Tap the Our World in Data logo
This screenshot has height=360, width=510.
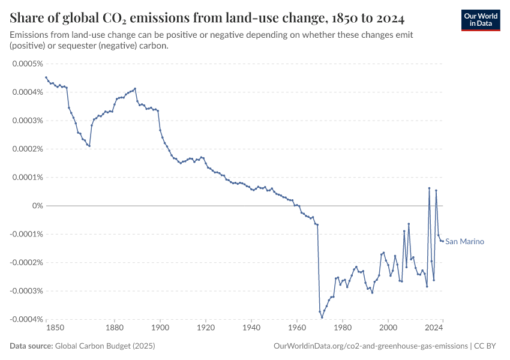tap(480, 19)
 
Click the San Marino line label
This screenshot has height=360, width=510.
tap(464, 242)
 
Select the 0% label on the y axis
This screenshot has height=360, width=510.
tap(37, 206)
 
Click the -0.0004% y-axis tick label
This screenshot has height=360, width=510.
tap(26, 319)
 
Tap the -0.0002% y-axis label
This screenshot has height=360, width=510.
tap(26, 263)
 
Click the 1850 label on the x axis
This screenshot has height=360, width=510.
tap(55, 328)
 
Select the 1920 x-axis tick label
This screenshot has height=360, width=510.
tap(206, 328)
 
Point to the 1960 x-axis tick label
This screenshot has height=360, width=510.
tap(297, 328)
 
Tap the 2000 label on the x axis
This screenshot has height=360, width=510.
tap(388, 328)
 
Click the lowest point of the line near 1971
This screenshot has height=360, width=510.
tap(322, 317)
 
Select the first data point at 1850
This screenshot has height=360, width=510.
tap(46, 77)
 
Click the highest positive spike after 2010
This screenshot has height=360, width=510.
tap(429, 188)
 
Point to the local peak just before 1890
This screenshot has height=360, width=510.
tap(135, 89)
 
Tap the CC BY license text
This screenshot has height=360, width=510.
tap(487, 346)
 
